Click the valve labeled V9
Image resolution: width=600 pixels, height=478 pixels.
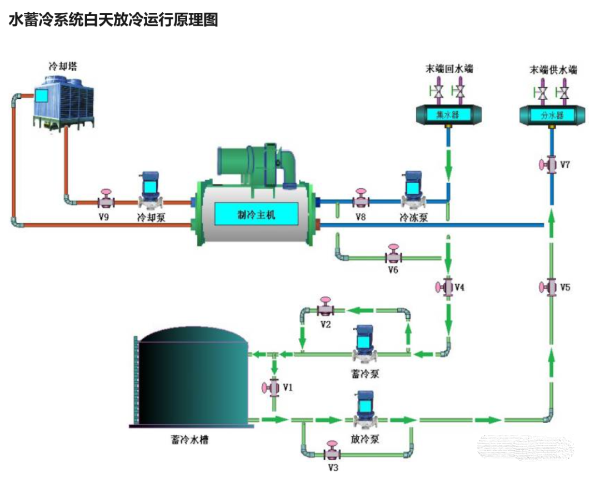tap(105, 199)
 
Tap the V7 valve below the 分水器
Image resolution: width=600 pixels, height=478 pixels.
tap(551, 165)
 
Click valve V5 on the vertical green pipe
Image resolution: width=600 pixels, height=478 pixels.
tap(550, 287)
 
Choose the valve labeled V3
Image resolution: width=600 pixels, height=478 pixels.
tap(332, 451)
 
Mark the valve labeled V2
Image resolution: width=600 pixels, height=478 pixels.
tap(326, 308)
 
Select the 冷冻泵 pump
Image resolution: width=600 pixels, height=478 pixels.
tap(413, 190)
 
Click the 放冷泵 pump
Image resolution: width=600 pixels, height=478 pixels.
tap(364, 410)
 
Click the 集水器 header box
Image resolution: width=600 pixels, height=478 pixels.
tap(449, 114)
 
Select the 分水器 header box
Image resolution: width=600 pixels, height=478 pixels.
tap(551, 115)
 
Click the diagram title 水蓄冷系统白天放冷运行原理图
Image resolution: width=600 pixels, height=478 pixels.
tap(113, 21)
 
